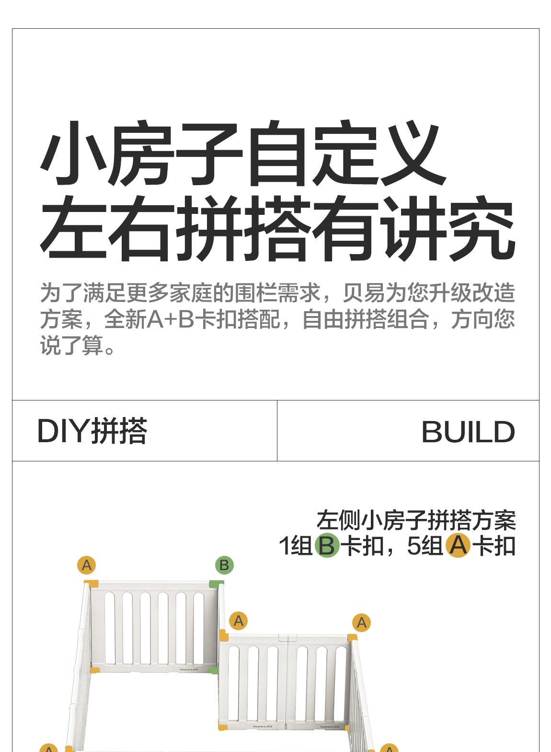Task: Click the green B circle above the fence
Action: tap(224, 565)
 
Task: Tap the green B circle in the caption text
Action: tap(327, 545)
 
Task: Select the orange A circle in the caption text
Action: tap(458, 545)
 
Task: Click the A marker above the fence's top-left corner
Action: tap(87, 565)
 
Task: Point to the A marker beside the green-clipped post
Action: tap(239, 621)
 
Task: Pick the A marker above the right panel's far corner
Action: tap(362, 623)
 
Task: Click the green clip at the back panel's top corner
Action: tap(216, 584)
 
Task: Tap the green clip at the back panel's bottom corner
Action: tap(214, 670)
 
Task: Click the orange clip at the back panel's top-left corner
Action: tap(92, 584)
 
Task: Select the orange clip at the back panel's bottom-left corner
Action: tap(95, 670)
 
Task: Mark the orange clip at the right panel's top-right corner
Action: tap(352, 638)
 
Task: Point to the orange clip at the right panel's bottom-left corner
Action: tap(222, 727)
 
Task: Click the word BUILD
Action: tap(468, 432)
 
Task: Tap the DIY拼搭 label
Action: tap(92, 431)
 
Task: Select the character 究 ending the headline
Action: tap(482, 229)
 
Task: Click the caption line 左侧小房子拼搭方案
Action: tap(415, 520)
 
